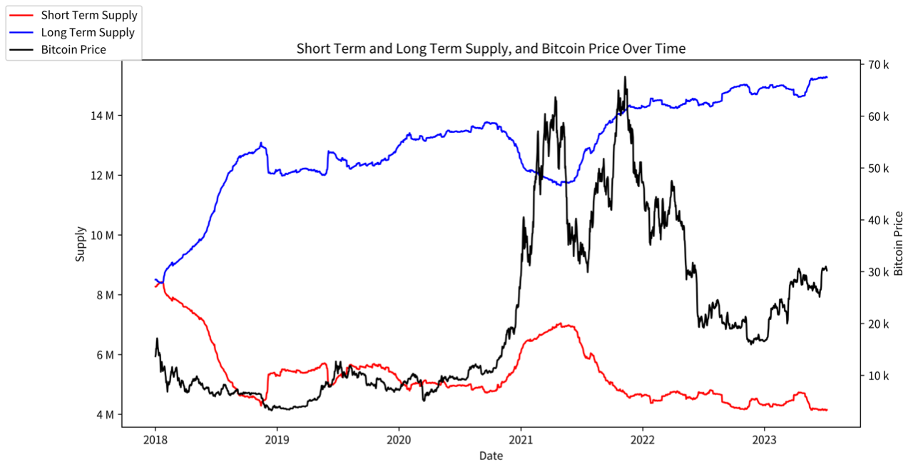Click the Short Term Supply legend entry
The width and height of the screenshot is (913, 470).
pos(89,15)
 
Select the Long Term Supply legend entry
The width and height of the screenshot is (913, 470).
pos(87,32)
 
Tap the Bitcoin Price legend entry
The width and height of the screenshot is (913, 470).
pos(73,49)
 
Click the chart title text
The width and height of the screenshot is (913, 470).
pos(491,49)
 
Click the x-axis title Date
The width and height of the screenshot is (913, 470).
pos(491,456)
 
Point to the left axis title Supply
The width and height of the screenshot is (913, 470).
pos(80,244)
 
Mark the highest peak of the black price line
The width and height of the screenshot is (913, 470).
pos(625,76)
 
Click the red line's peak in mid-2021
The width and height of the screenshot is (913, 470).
pos(561,324)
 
